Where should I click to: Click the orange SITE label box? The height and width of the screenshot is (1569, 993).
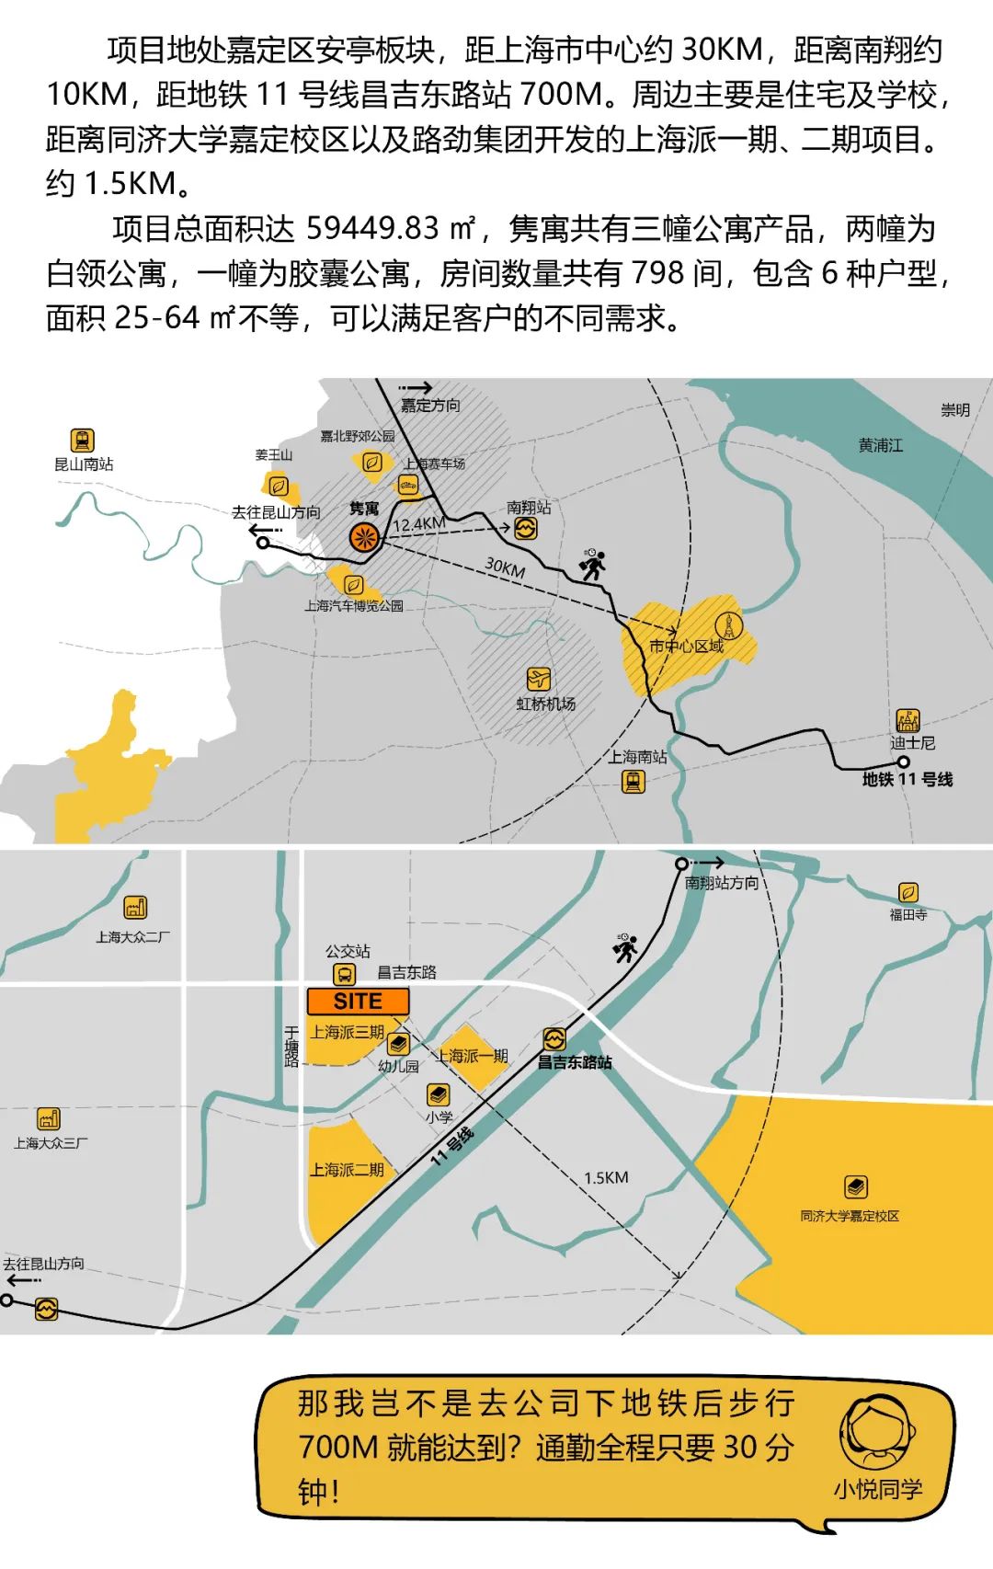(x=358, y=1002)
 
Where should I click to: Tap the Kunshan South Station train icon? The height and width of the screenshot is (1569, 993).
(x=83, y=441)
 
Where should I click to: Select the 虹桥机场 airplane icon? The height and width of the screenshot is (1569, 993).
(x=538, y=680)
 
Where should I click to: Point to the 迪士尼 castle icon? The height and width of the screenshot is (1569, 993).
(x=907, y=720)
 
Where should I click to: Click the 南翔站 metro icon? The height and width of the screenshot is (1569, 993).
(x=525, y=528)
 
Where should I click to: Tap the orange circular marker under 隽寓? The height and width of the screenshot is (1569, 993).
(x=364, y=538)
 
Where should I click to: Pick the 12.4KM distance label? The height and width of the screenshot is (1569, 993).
(x=419, y=524)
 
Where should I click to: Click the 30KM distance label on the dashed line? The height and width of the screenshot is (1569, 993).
(x=505, y=567)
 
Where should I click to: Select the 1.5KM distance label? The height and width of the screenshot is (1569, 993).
(x=606, y=1177)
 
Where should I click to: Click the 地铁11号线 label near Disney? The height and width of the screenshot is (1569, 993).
(x=907, y=780)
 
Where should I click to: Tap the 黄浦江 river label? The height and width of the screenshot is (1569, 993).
(x=880, y=445)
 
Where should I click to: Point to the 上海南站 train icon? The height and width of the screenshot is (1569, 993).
(x=633, y=782)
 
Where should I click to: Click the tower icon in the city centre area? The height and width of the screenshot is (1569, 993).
(x=728, y=625)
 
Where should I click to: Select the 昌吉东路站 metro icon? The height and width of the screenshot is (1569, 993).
(x=554, y=1039)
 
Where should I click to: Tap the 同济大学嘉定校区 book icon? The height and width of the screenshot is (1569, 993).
(x=856, y=1187)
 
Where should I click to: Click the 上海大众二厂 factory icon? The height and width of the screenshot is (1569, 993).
(x=135, y=908)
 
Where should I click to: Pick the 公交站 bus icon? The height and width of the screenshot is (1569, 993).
(x=344, y=975)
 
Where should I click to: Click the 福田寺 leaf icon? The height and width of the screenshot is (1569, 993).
(x=907, y=892)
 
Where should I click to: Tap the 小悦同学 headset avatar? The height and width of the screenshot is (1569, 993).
(x=877, y=1435)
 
